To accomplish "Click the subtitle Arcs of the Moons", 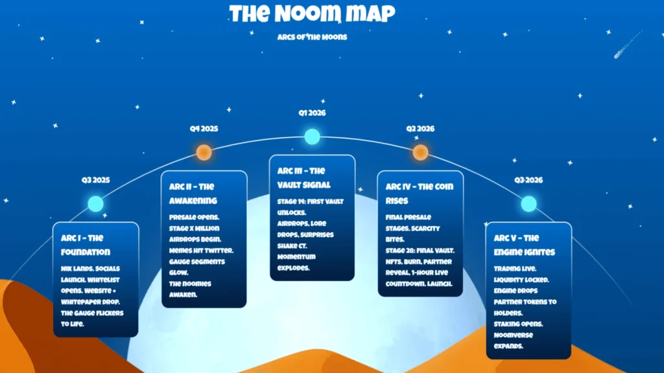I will [x=312, y=37].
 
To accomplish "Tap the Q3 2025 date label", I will [x=95, y=180].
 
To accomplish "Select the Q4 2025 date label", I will [x=204, y=129].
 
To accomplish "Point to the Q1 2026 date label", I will [x=312, y=113].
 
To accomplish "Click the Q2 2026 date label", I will [x=420, y=129].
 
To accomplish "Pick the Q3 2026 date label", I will [x=528, y=180].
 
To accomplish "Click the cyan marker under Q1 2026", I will [x=313, y=137].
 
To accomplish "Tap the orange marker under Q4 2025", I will [x=204, y=153].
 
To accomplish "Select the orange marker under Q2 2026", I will [x=420, y=153].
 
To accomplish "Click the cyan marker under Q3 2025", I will [x=95, y=204].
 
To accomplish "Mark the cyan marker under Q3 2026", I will [x=528, y=204].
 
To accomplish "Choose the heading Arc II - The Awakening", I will [x=194, y=193].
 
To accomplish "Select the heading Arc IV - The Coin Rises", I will [x=420, y=194].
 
